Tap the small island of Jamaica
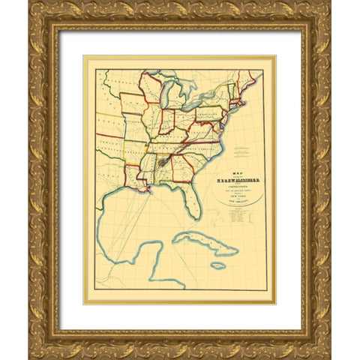(217, 265)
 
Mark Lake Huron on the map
(182, 92)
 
